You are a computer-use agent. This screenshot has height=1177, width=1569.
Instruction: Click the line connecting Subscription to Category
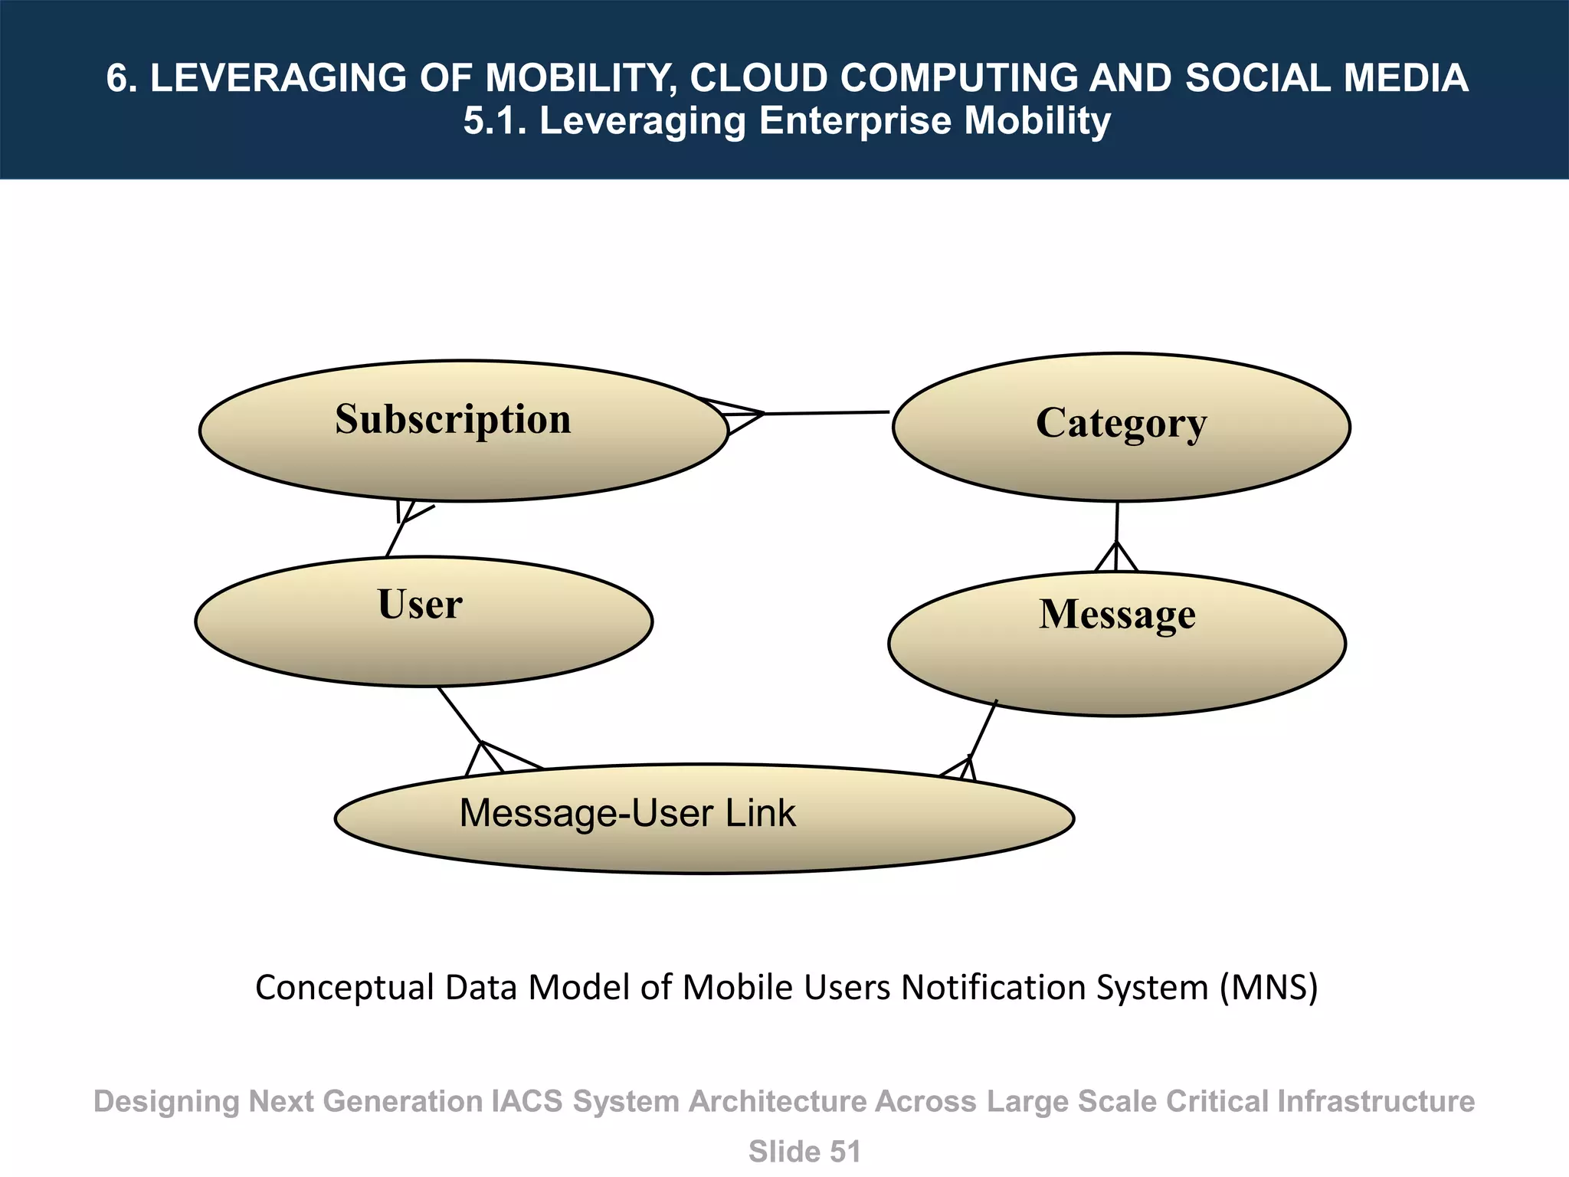pyautogui.click(x=827, y=413)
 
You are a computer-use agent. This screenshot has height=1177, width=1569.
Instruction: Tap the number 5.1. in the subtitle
pyautogui.click(x=495, y=121)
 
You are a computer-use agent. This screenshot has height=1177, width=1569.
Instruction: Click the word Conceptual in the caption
pyautogui.click(x=344, y=987)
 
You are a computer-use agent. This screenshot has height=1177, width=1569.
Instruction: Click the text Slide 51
pyautogui.click(x=804, y=1152)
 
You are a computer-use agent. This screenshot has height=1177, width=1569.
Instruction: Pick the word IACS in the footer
pyautogui.click(x=526, y=1101)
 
